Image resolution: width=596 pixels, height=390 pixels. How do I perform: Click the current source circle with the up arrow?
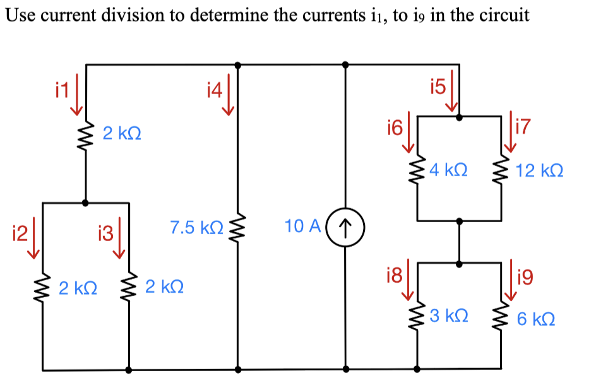click(345, 226)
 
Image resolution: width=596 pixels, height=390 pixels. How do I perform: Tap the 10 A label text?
click(304, 226)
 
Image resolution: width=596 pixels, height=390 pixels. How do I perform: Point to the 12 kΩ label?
click(540, 170)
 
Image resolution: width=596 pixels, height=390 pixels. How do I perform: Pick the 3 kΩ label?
click(448, 316)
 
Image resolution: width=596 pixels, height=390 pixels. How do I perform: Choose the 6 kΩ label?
click(536, 319)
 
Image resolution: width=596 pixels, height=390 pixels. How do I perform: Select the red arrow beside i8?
click(408, 280)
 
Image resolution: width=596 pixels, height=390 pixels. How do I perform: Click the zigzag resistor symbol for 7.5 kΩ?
click(238, 227)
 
